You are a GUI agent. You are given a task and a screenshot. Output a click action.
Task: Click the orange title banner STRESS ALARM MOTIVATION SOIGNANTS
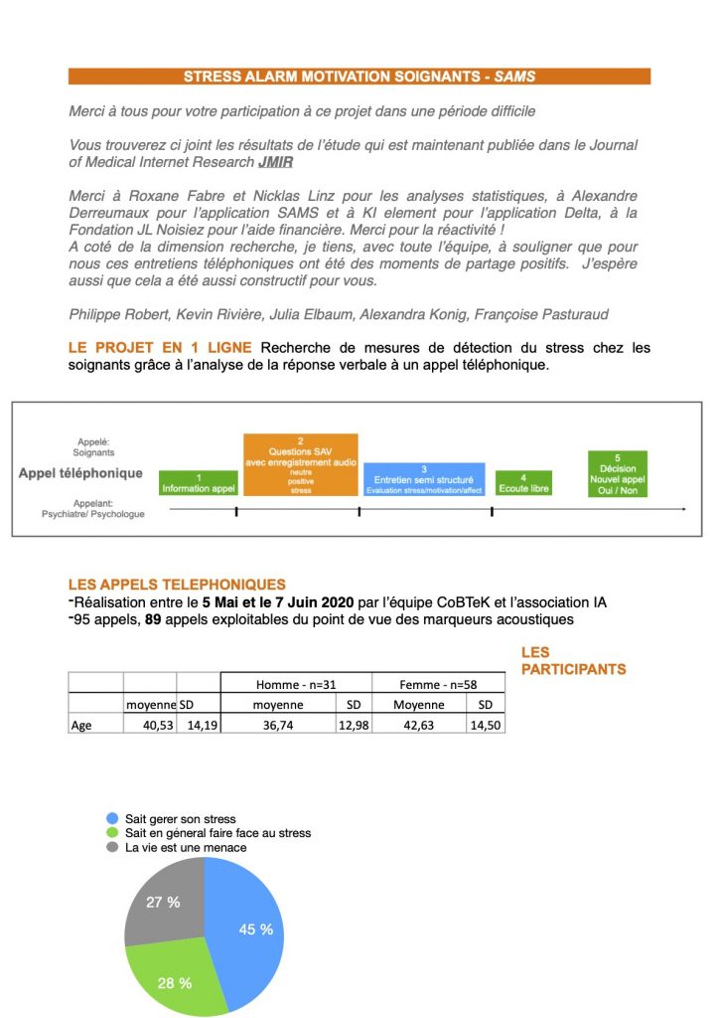(359, 77)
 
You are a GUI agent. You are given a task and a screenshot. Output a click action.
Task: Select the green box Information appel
(199, 483)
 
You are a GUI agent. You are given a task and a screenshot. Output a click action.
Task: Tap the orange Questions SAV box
(301, 464)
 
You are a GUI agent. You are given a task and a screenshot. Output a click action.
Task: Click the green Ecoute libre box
(523, 483)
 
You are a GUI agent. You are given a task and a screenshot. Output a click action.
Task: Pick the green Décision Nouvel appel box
(617, 473)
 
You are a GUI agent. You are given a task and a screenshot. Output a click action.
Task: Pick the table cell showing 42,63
(418, 725)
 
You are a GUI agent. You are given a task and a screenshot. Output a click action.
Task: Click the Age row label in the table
(82, 725)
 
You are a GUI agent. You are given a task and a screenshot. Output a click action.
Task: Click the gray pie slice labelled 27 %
(161, 900)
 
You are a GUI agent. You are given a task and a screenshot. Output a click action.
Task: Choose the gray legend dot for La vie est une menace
(113, 847)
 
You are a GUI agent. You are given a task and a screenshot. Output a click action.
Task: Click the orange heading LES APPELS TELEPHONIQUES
(177, 585)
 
